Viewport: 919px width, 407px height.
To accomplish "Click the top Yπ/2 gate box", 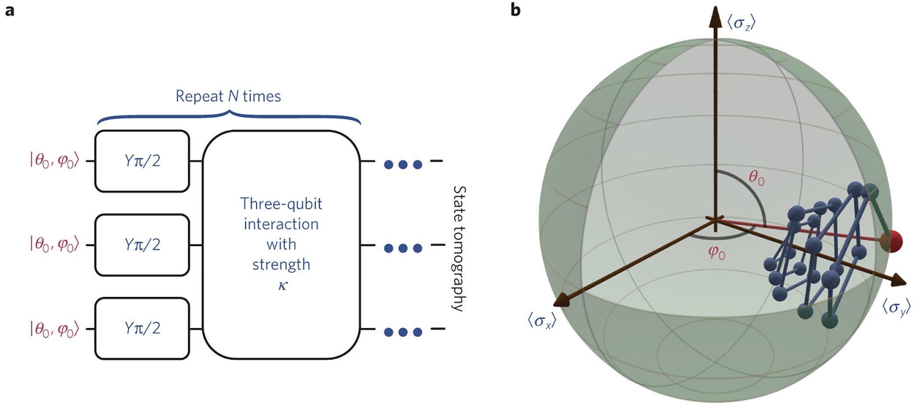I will (142, 161).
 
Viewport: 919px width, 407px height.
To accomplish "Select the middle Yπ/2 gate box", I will (142, 245).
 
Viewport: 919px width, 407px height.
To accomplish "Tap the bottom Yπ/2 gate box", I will (142, 328).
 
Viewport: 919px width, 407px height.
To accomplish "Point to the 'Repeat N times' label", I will (228, 96).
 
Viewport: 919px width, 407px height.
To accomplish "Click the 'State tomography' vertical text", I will (459, 248).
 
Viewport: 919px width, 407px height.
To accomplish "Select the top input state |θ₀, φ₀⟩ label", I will (54, 161).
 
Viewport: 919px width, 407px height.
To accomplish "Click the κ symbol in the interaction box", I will (283, 285).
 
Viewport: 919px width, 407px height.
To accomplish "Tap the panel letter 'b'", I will (516, 10).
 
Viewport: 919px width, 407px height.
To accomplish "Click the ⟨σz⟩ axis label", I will (741, 22).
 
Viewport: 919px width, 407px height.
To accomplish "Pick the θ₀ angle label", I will (757, 177).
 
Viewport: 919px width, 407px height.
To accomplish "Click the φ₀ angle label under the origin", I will (717, 253).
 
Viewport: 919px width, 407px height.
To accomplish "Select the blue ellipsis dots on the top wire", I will (403, 165).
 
